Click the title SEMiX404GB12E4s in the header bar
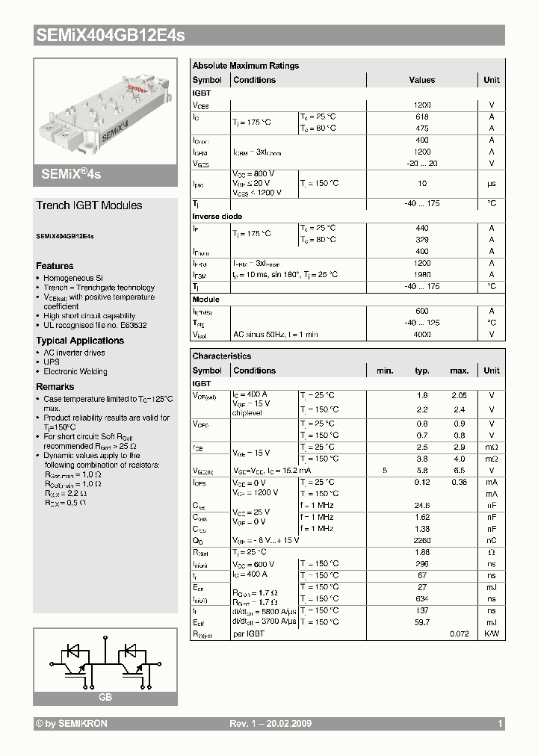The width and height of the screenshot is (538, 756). (x=110, y=35)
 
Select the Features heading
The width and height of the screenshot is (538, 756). (x=55, y=266)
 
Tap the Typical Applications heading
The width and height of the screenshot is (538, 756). (x=80, y=341)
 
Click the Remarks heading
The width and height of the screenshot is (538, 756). (x=55, y=387)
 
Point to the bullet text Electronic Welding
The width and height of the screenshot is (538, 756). (x=75, y=371)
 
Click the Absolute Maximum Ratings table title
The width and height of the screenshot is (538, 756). (x=245, y=66)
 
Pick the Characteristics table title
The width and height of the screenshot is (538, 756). (x=221, y=356)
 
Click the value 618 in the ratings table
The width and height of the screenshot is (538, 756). (x=421, y=117)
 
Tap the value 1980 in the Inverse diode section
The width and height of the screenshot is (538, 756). (x=421, y=275)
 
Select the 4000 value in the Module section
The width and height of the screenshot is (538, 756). (x=421, y=335)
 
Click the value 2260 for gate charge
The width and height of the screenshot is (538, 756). (x=421, y=540)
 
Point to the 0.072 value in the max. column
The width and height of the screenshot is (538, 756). (x=459, y=633)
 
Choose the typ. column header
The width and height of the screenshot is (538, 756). (x=422, y=371)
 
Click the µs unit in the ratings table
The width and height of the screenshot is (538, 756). (x=492, y=183)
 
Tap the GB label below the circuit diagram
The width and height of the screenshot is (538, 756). (x=105, y=697)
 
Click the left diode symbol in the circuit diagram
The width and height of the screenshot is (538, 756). (x=75, y=650)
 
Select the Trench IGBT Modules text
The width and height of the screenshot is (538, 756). (x=89, y=205)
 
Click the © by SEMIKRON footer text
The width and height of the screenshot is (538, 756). (x=72, y=724)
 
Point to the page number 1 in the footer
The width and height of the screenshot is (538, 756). (x=500, y=724)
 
